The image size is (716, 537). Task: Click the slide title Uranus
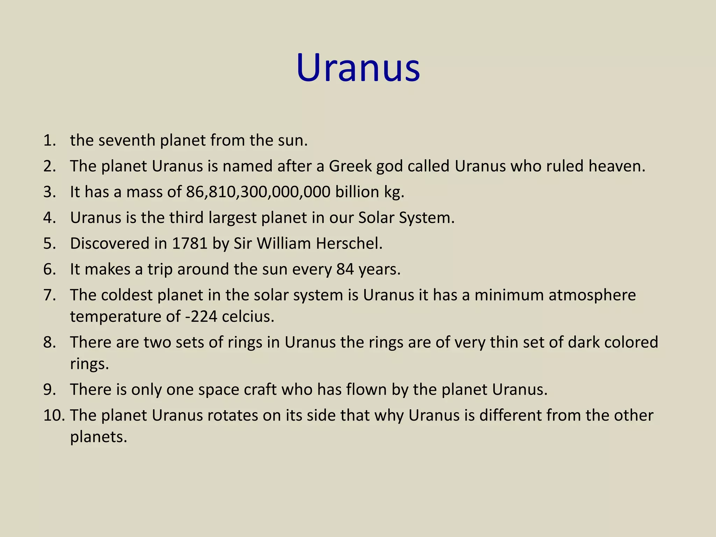point(358,68)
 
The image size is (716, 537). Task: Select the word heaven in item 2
point(616,166)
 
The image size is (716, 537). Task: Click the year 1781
point(190,244)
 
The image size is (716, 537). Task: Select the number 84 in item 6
point(345,270)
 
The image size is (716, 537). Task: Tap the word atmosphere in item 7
point(592,295)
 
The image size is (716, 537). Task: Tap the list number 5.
point(50,244)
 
